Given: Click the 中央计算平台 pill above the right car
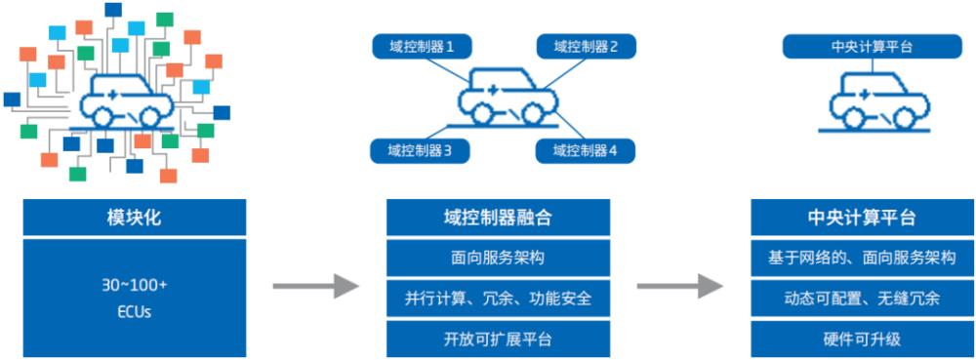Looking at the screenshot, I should click(858, 45).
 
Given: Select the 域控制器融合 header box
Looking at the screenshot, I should click(498, 218).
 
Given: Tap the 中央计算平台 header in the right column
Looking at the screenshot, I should click(863, 218).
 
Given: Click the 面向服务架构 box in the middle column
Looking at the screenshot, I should click(498, 258).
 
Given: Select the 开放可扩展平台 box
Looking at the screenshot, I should click(498, 339).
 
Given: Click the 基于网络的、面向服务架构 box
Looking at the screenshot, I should click(863, 258).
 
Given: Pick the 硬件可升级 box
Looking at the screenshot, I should click(863, 339).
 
